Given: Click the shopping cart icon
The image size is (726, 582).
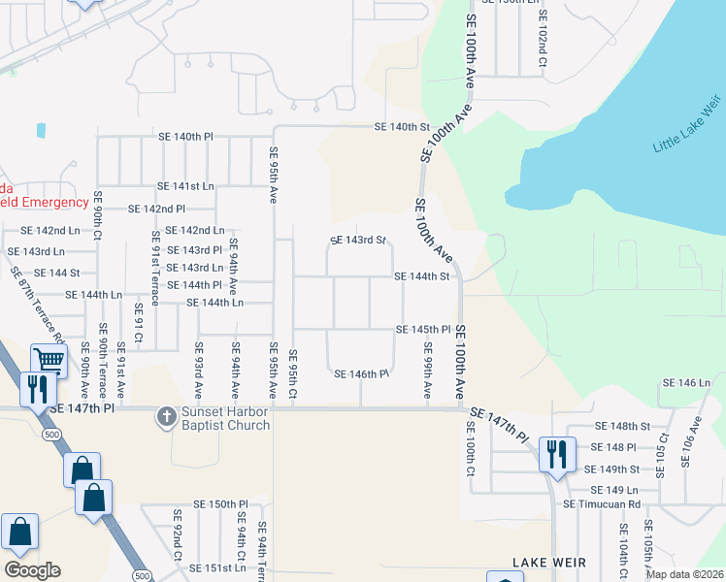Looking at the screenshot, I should coord(49,361).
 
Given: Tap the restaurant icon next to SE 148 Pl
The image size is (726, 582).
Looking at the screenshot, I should coord(557,454).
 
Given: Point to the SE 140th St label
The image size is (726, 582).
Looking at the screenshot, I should coord(403,127).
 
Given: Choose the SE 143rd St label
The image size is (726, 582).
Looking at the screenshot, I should coord(358,240).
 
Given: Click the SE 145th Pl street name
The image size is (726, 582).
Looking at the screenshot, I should coord(423,330).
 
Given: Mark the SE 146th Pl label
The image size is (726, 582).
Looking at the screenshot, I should coord(361,374).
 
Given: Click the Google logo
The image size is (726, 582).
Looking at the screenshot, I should coord(31,570).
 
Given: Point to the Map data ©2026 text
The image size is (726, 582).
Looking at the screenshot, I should coord(683,574).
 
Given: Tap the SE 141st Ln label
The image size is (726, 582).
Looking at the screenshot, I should coord(185,185).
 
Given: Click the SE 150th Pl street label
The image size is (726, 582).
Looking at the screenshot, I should coord(221,504).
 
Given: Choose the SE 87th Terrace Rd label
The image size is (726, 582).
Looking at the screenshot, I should coord(37,305).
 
